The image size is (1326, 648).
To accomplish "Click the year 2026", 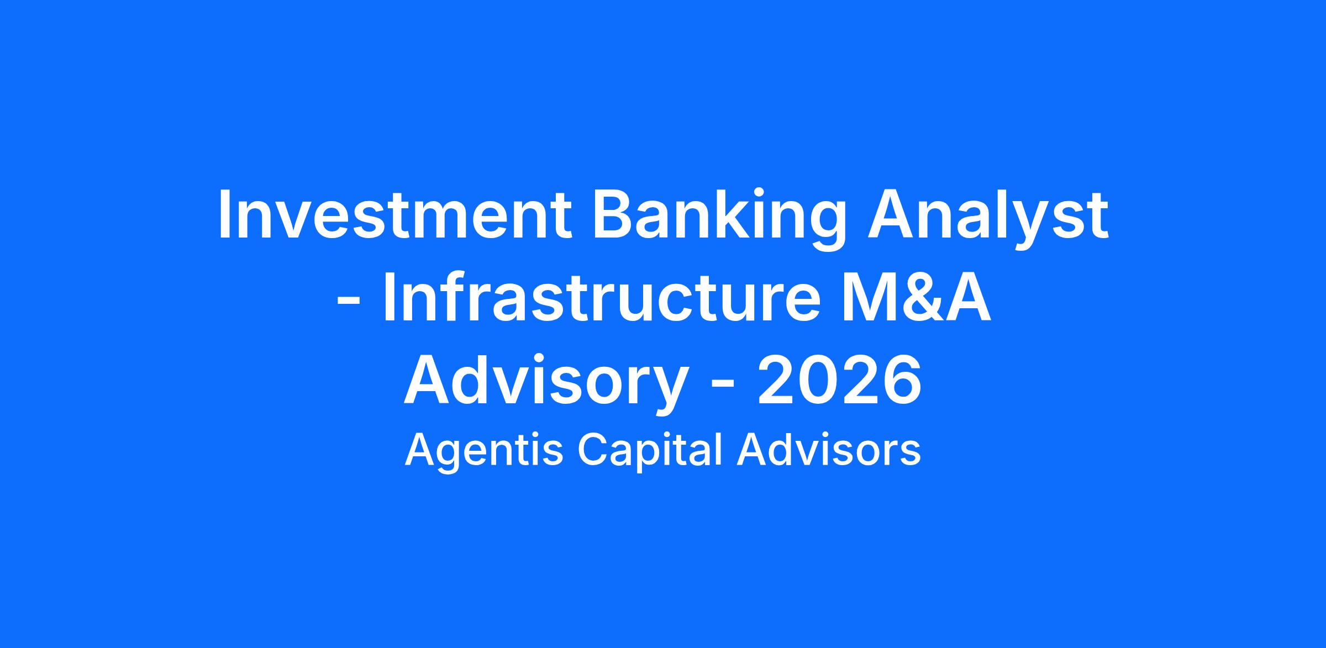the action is (x=839, y=381).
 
